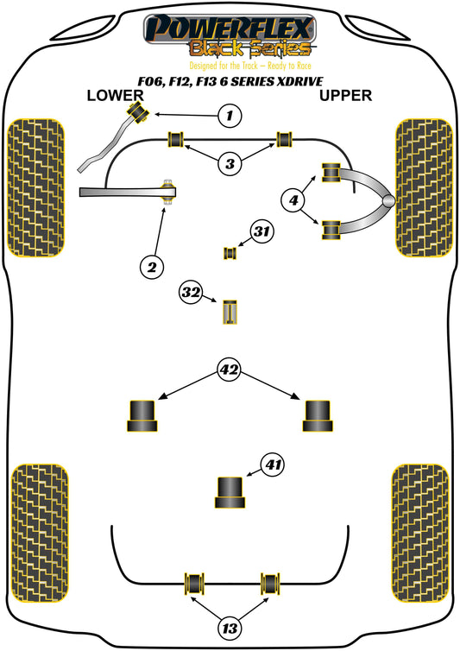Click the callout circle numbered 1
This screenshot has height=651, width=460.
[x=230, y=115]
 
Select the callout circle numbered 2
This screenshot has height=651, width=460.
[x=152, y=267]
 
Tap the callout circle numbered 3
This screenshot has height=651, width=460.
[x=230, y=163]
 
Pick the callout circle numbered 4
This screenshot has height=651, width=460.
[x=293, y=200]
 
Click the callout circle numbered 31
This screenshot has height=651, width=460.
[x=262, y=231]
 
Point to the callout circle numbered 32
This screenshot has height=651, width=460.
[x=191, y=293]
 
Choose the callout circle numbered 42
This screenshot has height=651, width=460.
[x=230, y=369]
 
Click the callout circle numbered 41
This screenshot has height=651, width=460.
[x=273, y=465]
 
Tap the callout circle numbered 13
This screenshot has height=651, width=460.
[x=230, y=629]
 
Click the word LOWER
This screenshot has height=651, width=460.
[x=115, y=96]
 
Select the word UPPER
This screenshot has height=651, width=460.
[x=345, y=96]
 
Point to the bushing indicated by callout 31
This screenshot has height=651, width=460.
[x=230, y=253]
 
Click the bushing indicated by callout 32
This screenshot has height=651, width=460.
[x=230, y=312]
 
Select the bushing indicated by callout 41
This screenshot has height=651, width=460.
[x=230, y=492]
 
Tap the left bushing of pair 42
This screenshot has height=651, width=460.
[x=142, y=415]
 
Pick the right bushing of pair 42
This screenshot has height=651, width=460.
[x=318, y=415]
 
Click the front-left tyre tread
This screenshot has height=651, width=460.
[x=36, y=187]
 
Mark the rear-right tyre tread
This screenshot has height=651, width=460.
[x=420, y=533]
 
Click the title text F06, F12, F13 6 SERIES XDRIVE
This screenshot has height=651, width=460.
[x=230, y=81]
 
